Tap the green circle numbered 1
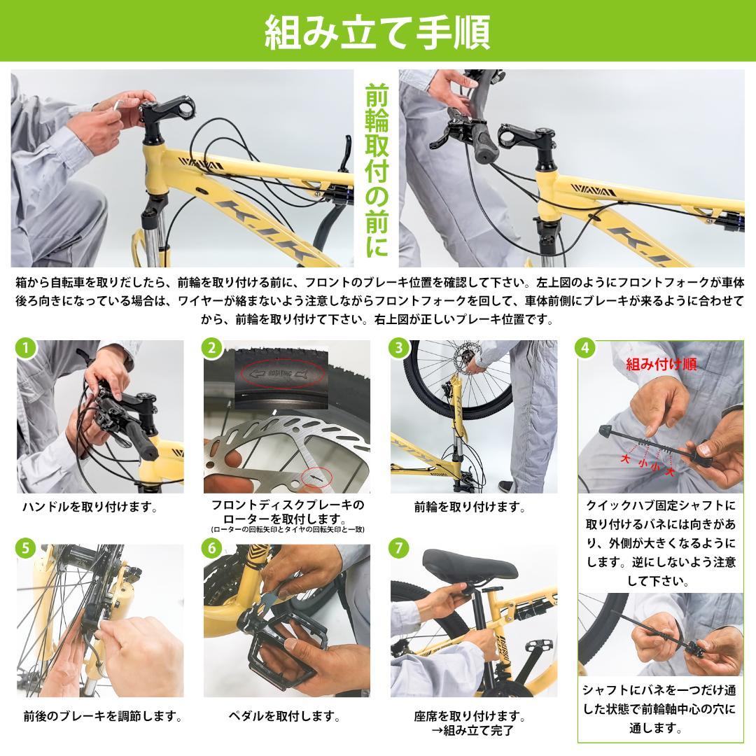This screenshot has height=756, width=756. [x=25, y=348]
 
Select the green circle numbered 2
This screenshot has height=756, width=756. [x=212, y=348]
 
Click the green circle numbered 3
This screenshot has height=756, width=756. [x=399, y=348]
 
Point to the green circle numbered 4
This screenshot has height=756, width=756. [x=587, y=348]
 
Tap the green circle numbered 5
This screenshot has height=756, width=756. [x=25, y=548]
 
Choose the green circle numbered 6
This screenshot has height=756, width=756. [x=212, y=548]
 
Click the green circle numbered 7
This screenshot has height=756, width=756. [x=399, y=548]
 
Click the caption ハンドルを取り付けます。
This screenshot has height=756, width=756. [x=90, y=507]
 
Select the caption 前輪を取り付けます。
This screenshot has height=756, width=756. [x=470, y=507]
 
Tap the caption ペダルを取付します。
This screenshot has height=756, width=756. [x=285, y=717]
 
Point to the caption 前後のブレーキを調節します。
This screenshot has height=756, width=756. [x=103, y=717]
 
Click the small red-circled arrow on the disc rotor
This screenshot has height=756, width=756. [x=316, y=477]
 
